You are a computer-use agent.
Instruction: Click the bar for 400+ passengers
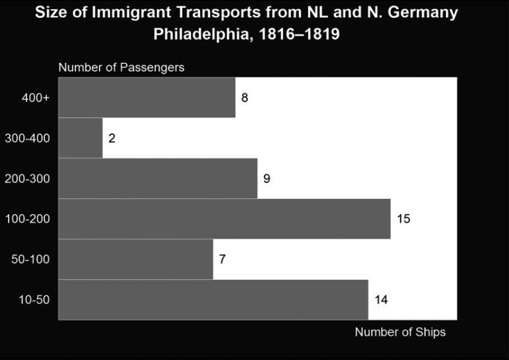coord(146,98)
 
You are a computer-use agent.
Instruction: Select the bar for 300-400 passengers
coord(80,139)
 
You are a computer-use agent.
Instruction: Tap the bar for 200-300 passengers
coord(158,178)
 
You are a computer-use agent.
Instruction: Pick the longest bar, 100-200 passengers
coord(224,219)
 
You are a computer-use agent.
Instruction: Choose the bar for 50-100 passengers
coord(136,259)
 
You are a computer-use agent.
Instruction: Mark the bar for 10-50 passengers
coord(213,300)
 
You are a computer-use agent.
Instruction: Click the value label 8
coord(245,98)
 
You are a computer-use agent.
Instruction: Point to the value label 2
coord(112,139)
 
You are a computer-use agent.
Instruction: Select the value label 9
coord(266,178)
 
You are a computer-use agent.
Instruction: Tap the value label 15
coord(404,219)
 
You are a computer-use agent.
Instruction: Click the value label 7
coord(223,259)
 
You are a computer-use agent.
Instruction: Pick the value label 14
coord(381,300)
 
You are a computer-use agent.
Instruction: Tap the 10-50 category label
coord(34,300)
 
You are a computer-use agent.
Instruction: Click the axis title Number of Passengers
coord(121,68)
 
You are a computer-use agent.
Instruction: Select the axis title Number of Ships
coord(400,332)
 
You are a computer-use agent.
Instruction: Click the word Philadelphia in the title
coord(198,34)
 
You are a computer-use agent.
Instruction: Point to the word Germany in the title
coord(425,13)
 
